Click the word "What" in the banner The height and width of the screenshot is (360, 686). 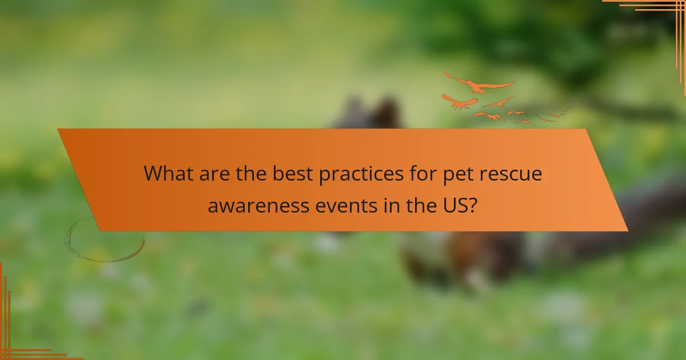[167, 173]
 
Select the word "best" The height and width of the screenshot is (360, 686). [289, 173]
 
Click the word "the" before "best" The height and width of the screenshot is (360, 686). [249, 173]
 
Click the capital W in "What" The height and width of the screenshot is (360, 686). [153, 173]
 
